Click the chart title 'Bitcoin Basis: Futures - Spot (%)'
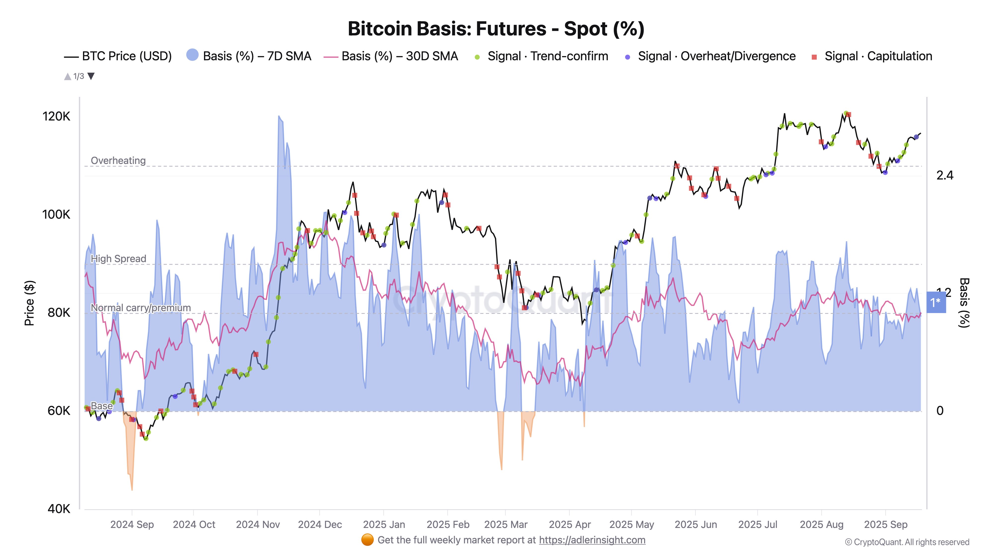point(496,29)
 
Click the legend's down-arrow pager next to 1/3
point(91,76)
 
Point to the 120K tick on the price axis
point(56,117)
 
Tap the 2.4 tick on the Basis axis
point(945,176)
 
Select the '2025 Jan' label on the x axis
point(384,525)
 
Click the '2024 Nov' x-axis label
point(258,525)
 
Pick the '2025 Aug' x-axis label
point(822,525)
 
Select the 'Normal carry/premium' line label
point(140,308)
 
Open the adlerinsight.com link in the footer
point(592,540)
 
